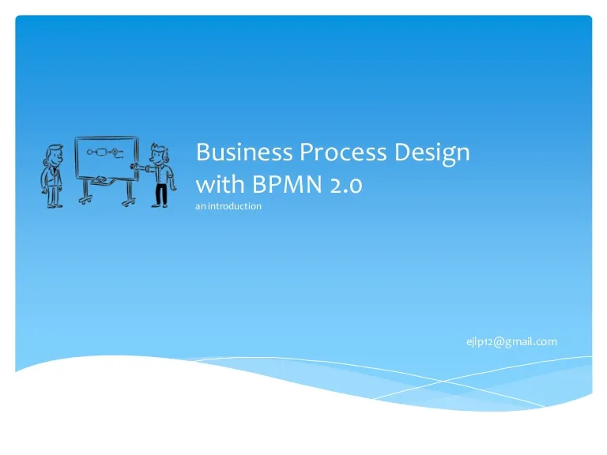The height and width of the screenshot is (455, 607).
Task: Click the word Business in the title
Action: (x=244, y=152)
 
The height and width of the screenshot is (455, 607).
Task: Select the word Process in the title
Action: (x=343, y=152)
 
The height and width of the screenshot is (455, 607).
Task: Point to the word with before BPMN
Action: (x=221, y=183)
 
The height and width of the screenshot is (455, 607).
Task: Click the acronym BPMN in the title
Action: (x=287, y=184)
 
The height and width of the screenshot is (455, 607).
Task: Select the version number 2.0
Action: (x=346, y=185)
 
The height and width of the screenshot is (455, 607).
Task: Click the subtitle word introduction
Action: (x=235, y=206)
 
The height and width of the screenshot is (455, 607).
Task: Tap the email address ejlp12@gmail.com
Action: (x=512, y=342)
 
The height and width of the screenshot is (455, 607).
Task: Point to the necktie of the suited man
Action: (x=55, y=173)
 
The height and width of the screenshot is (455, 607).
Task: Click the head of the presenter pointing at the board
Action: (x=159, y=153)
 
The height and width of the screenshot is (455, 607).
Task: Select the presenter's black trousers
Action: (x=161, y=194)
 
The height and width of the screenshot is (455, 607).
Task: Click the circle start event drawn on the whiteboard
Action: (x=90, y=152)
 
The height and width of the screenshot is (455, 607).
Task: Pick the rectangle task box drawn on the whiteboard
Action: (x=101, y=152)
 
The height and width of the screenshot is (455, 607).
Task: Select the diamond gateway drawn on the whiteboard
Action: (x=115, y=152)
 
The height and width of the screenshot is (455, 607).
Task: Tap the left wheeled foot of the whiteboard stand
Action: (x=85, y=200)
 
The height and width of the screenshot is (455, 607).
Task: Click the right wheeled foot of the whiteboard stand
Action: (x=129, y=202)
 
